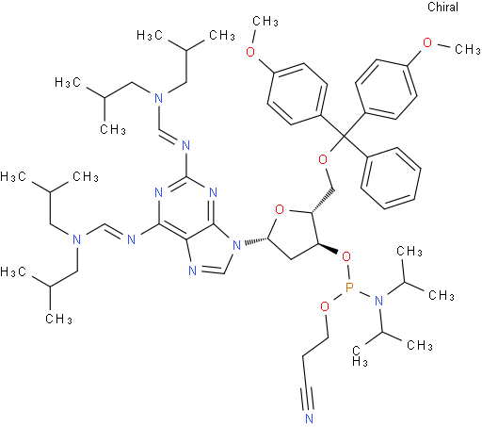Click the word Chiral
coord(442,7)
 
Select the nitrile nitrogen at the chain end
coord(309,419)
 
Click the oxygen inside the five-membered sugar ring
coord(280,208)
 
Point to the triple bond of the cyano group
coord(309,399)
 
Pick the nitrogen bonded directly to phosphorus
coord(378,302)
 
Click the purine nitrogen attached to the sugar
coord(237,245)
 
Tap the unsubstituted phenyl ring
coord(391,178)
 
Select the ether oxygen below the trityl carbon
coord(323,159)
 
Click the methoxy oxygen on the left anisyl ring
coord(250,51)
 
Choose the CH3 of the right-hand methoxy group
coord(467,49)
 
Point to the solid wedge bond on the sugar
coord(328,248)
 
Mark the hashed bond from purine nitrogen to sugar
coord(255,242)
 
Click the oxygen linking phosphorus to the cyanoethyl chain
coord(325,305)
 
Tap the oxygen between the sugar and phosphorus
coord(346,257)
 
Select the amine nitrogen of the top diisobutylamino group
coord(159,98)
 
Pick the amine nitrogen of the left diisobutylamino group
coord(76,239)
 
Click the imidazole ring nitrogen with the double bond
coord(193,271)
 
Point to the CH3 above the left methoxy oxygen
coord(265,22)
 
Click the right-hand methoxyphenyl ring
coord(386,90)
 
